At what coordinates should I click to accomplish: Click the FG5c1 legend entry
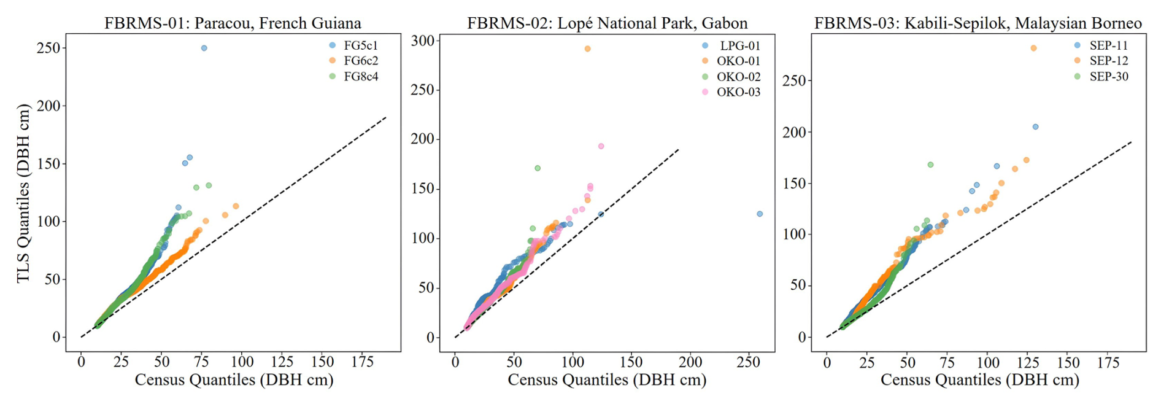(x=360, y=45)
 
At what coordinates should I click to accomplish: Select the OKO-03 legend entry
(x=738, y=92)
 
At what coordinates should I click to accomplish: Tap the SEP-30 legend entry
(x=1108, y=77)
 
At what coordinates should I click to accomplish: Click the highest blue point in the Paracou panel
(x=204, y=48)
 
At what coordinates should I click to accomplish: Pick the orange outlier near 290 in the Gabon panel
(x=587, y=49)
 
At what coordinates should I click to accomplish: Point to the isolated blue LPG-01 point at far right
(x=760, y=214)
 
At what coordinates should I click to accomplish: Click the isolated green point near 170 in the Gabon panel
(x=538, y=168)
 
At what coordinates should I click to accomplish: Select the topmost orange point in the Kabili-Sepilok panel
(x=1033, y=48)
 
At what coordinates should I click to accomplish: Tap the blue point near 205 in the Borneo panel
(x=1035, y=126)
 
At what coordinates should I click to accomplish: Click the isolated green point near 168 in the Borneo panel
(x=930, y=165)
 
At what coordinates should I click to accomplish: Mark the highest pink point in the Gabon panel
(x=601, y=146)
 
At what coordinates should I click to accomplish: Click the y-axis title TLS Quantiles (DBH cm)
(x=23, y=193)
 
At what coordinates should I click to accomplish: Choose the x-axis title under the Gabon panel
(x=607, y=380)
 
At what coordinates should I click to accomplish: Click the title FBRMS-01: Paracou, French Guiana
(x=233, y=23)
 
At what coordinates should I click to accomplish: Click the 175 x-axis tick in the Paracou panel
(x=362, y=362)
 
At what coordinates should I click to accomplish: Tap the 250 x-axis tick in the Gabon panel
(x=749, y=362)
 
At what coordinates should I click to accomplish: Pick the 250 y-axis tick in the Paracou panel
(x=48, y=48)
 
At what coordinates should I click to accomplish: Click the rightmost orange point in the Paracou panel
(x=236, y=206)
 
